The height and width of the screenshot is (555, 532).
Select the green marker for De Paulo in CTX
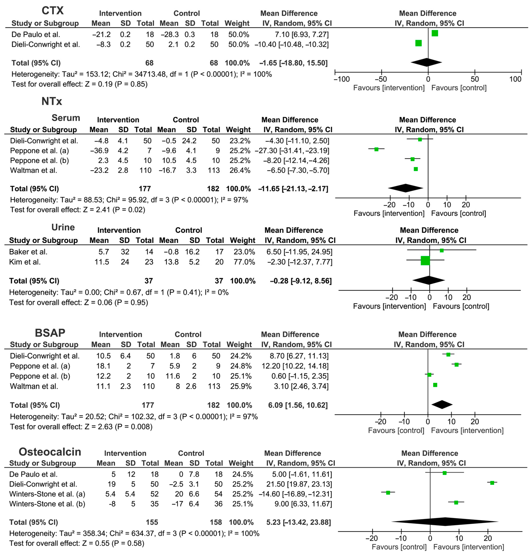[x=435, y=33]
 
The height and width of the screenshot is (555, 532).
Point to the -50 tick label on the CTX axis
[x=381, y=79]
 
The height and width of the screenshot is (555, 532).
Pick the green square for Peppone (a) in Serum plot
[x=376, y=149]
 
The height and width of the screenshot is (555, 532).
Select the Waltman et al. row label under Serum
[x=33, y=170]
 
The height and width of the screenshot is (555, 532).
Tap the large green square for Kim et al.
[x=425, y=260]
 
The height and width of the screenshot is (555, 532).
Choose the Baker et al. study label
[x=28, y=252]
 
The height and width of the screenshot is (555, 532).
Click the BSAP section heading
[x=50, y=333]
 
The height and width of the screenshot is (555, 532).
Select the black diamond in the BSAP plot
[x=442, y=405]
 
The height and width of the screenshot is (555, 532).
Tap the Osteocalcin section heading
[x=50, y=452]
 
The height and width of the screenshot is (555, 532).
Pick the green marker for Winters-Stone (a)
[x=388, y=493]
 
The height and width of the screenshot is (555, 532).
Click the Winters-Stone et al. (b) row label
[x=47, y=504]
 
